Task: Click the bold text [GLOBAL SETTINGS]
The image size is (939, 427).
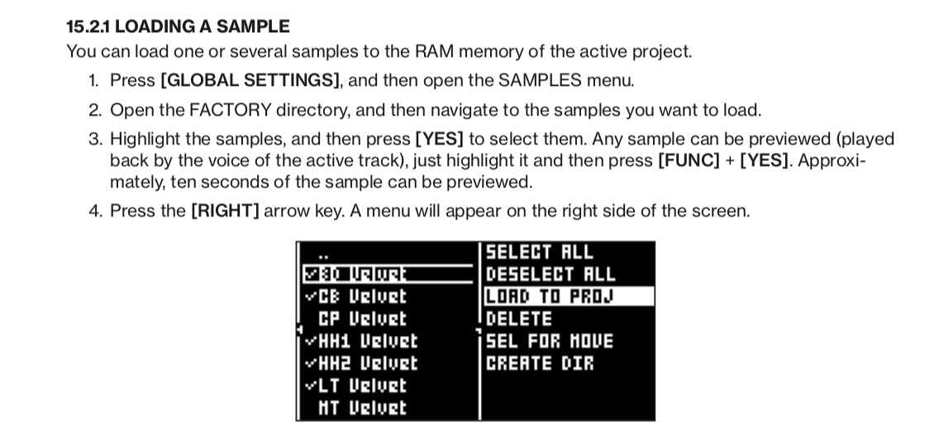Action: coord(250,80)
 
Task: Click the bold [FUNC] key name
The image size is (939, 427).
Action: coord(688,161)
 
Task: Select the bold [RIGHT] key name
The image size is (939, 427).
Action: coord(225,211)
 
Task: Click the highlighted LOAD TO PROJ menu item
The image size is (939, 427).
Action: coord(550,297)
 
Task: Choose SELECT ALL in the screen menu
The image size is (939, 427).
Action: coord(539,252)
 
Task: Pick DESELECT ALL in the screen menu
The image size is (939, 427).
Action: coord(550,274)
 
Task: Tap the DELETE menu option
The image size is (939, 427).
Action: coord(518,319)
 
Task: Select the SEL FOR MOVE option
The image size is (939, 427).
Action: coord(549,341)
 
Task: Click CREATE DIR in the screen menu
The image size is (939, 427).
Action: coord(539,363)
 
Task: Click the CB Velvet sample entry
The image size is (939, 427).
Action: coord(362,297)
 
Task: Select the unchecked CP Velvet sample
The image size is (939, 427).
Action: coord(362,319)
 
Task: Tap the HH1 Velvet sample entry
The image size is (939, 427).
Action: coord(367,341)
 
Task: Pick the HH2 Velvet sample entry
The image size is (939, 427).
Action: coord(367,363)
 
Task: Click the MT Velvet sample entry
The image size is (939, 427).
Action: coord(362,408)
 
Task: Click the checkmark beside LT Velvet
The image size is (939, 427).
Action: coord(310,385)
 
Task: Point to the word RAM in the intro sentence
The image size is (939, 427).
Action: coord(427,51)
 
